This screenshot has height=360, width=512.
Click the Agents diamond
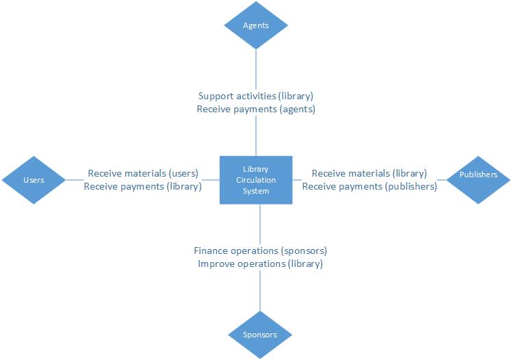(x=256, y=25)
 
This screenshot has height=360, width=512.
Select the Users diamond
(x=34, y=180)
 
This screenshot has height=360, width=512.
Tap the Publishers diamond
(x=478, y=175)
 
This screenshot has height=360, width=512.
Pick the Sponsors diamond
(x=259, y=335)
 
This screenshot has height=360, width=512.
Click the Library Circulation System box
(x=256, y=180)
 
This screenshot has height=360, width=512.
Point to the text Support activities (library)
(x=256, y=97)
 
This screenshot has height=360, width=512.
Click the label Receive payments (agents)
(x=256, y=109)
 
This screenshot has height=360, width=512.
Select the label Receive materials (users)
(x=143, y=173)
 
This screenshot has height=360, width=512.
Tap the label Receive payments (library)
(x=142, y=186)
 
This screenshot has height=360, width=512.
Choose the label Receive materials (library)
(x=369, y=173)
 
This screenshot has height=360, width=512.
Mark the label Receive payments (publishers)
(x=369, y=186)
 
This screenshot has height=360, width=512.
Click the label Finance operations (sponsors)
(x=260, y=250)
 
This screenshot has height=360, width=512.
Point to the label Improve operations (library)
(x=260, y=263)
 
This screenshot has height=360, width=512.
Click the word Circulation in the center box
(x=256, y=180)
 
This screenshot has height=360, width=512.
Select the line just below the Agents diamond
(x=256, y=68)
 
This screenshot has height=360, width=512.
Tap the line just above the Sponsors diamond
(x=260, y=294)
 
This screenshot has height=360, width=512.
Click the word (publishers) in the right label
(x=411, y=186)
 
